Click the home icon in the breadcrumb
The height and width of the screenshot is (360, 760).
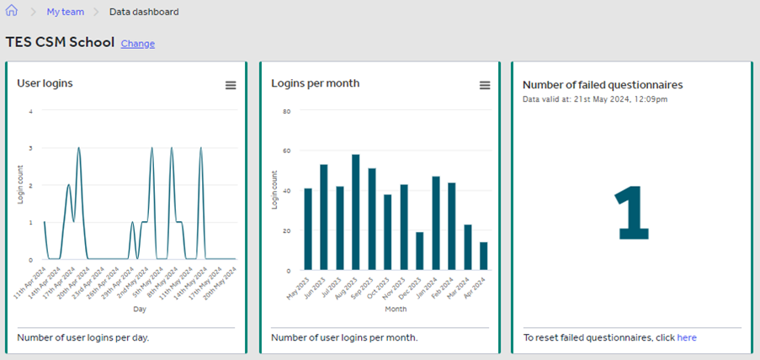pyautogui.click(x=12, y=12)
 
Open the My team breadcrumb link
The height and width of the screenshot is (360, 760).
pyautogui.click(x=64, y=13)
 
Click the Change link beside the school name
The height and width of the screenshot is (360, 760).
pyautogui.click(x=137, y=44)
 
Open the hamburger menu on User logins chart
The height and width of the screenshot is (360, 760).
pyautogui.click(x=230, y=86)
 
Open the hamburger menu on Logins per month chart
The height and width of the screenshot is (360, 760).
pyautogui.click(x=484, y=86)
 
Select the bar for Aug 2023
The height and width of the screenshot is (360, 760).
pyautogui.click(x=355, y=212)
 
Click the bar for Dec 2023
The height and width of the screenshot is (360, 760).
pyautogui.click(x=419, y=251)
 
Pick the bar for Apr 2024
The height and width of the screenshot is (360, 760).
pyautogui.click(x=483, y=256)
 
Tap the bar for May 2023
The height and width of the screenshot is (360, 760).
pyautogui.click(x=308, y=229)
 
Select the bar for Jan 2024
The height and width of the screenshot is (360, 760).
pyautogui.click(x=435, y=223)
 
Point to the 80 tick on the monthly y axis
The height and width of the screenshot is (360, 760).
pyautogui.click(x=286, y=111)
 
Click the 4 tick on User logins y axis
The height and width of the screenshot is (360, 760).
pyautogui.click(x=31, y=111)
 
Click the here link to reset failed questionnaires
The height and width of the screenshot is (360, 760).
pyautogui.click(x=687, y=337)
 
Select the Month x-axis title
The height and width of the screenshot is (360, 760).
pyautogui.click(x=396, y=309)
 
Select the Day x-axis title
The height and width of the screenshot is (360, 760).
pyautogui.click(x=141, y=309)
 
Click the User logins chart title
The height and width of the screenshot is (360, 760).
pyautogui.click(x=45, y=83)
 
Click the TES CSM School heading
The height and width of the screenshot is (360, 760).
pyautogui.click(x=60, y=42)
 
